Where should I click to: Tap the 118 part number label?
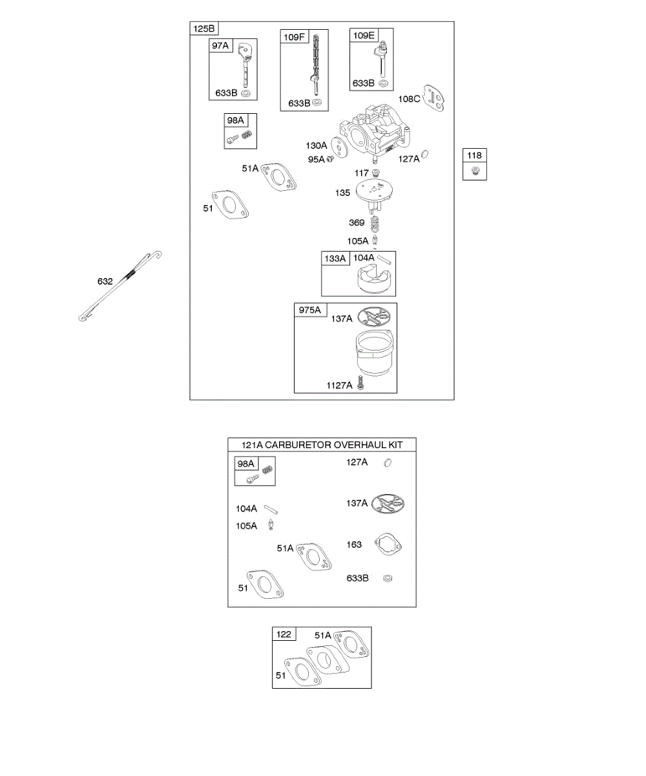475,155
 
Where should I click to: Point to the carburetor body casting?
375,133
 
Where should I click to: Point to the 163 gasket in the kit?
389,544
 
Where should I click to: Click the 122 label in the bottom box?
284,634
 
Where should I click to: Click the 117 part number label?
361,173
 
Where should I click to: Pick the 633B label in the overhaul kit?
358,578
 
